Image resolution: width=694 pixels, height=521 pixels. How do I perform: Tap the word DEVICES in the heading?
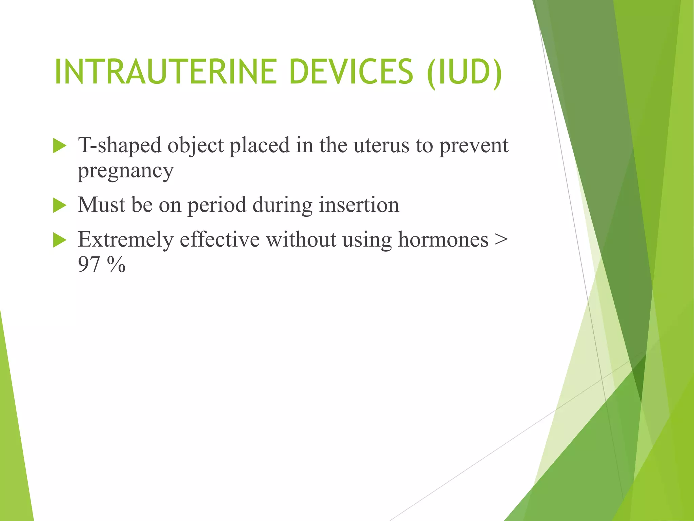(351, 72)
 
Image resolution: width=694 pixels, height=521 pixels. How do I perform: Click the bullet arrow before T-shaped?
(60, 147)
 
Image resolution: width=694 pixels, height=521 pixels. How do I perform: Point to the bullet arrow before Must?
(60, 206)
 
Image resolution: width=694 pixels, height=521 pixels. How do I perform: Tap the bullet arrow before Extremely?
(60, 240)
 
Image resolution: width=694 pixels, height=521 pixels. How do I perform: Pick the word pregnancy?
(125, 172)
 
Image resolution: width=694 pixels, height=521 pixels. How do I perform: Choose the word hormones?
(443, 239)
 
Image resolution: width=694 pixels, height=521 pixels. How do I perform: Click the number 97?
(89, 265)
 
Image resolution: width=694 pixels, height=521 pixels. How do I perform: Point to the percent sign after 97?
(116, 265)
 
